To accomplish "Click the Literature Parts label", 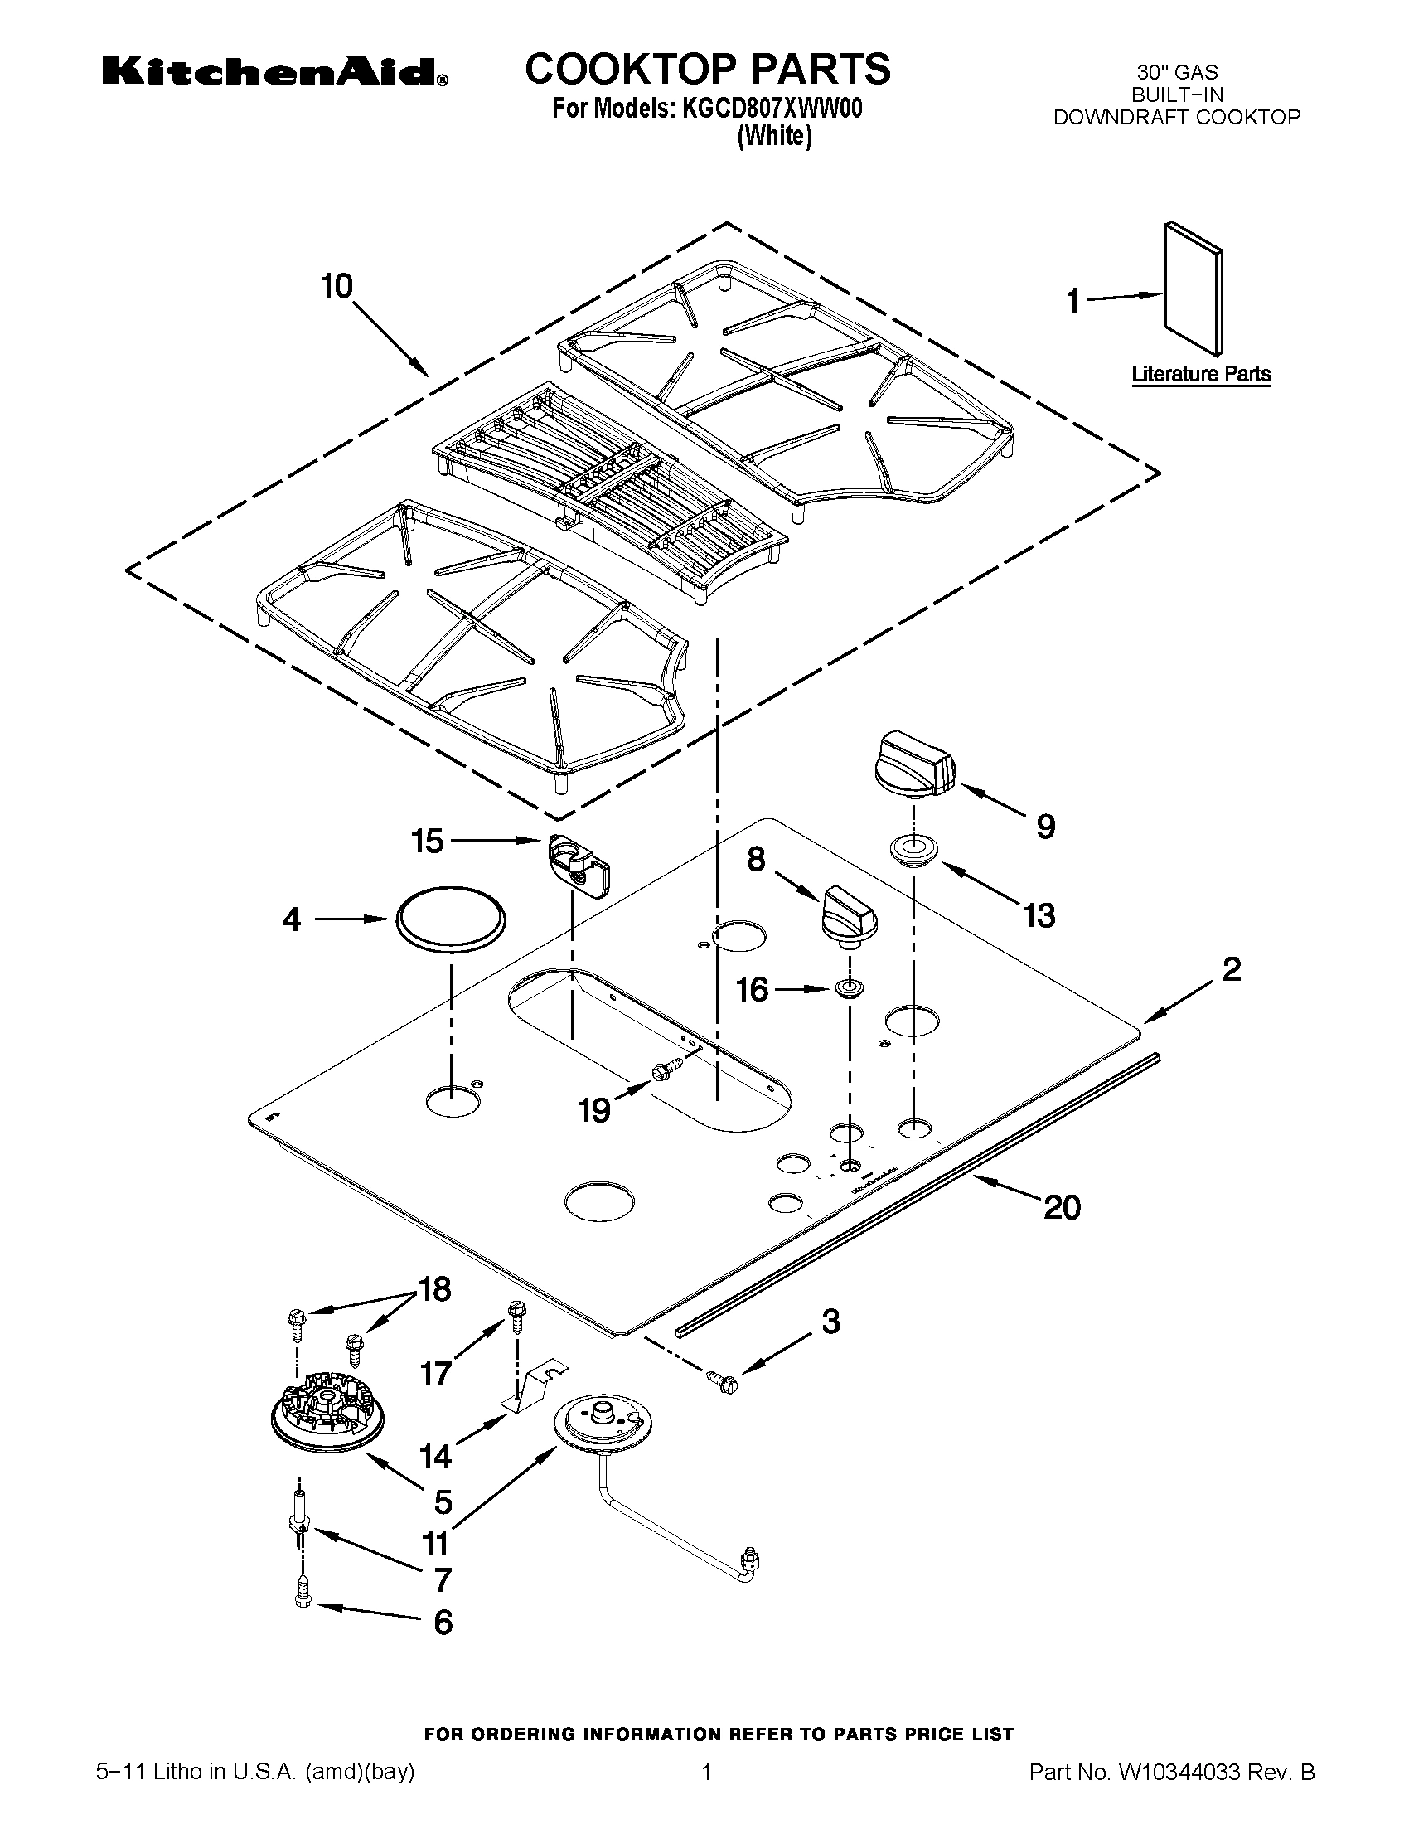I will click(x=1200, y=374).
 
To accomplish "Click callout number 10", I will click(x=337, y=287).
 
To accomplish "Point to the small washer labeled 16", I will click(x=849, y=989).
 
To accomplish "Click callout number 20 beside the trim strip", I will click(x=1062, y=1207).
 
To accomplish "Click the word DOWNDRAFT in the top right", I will click(x=1121, y=117).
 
